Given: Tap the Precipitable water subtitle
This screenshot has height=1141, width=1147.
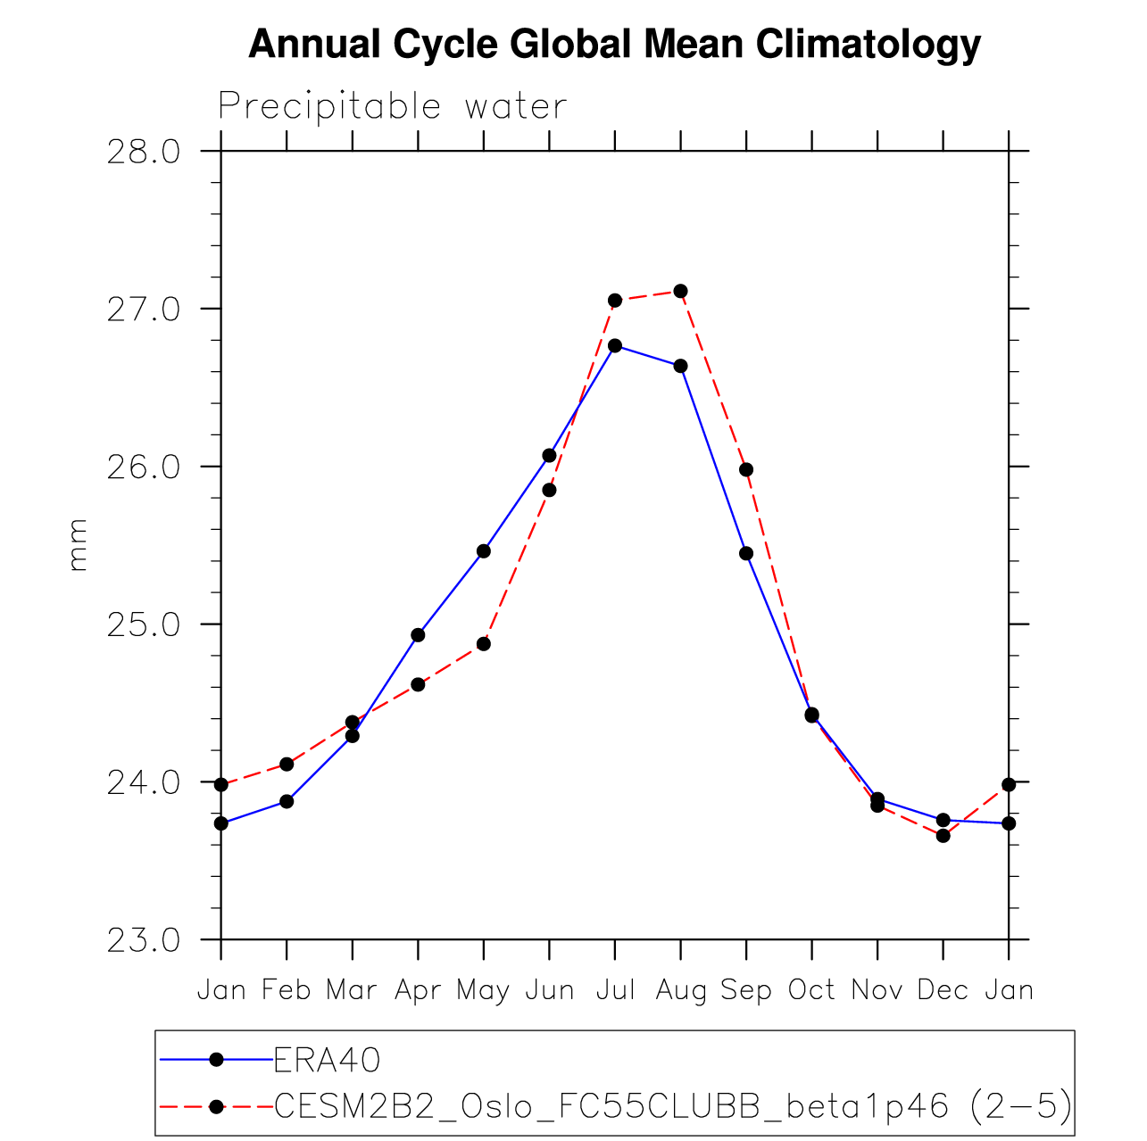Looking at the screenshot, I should [392, 107].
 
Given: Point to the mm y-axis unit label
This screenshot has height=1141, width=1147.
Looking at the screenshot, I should [79, 544].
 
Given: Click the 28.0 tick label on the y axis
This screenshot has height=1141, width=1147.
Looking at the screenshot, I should [143, 152].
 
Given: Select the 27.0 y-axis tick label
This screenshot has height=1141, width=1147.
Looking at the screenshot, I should [143, 310].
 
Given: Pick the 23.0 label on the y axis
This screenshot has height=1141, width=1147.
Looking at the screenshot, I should [143, 940].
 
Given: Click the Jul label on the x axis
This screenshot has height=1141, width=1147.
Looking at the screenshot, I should [615, 989].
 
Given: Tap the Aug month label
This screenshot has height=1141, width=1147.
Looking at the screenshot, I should [680, 990].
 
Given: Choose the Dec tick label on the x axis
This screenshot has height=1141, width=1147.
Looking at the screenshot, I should [943, 989].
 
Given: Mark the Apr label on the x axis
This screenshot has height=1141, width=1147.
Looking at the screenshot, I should [418, 990].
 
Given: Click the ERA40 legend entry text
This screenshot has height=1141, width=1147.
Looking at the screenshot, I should [328, 1060].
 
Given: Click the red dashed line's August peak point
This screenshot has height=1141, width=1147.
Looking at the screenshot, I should [680, 291].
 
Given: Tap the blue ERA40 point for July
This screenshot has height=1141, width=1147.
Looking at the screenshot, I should [615, 345].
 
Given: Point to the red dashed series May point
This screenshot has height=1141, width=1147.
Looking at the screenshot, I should [484, 643].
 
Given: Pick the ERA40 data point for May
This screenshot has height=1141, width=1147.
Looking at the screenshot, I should [484, 551].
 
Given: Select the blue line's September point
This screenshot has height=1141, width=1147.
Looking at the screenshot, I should [746, 553].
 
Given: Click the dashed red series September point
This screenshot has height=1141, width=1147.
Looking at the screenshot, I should [746, 469].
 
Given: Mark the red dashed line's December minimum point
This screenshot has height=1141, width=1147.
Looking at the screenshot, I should [943, 835].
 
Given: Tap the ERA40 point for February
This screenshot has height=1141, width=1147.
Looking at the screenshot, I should [287, 801].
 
